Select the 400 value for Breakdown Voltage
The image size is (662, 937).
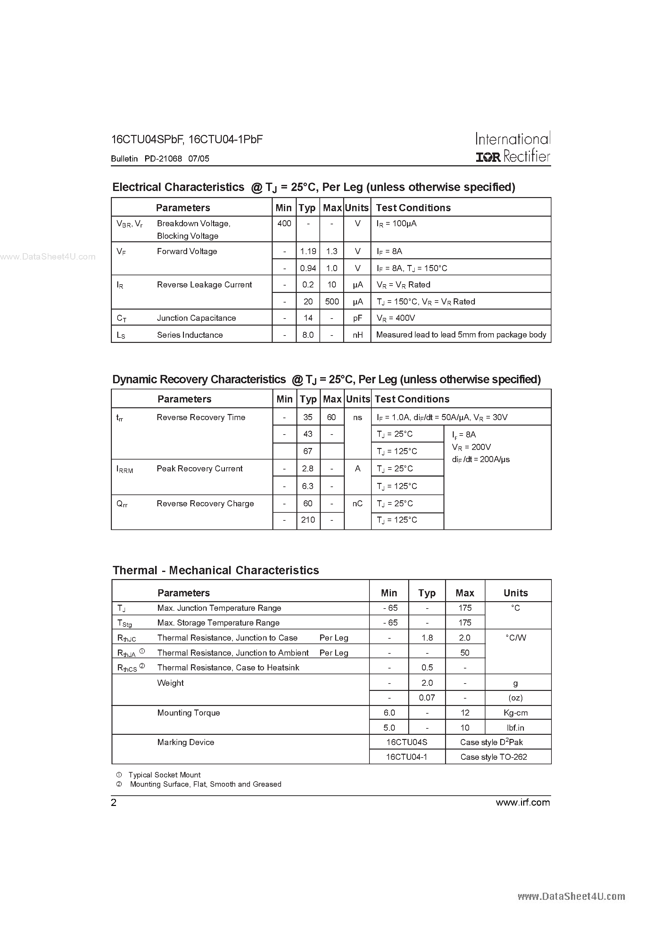pos(284,224)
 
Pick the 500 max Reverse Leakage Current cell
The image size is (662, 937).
pos(332,302)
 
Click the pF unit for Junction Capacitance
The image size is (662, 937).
pos(358,318)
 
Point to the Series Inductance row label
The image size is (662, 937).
pos(190,335)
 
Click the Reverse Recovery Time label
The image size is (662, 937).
pos(201,418)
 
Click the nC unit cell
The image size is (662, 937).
pos(358,504)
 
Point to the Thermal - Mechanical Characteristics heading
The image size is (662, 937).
pos(216,570)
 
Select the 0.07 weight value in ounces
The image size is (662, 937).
pos(427,698)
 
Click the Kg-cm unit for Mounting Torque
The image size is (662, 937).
pos(516,713)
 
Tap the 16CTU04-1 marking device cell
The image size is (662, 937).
pos(407,757)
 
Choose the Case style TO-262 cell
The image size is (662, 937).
pos(493,757)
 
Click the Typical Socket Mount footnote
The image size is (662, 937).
pos(164,775)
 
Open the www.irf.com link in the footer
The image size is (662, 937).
pos(523,803)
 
